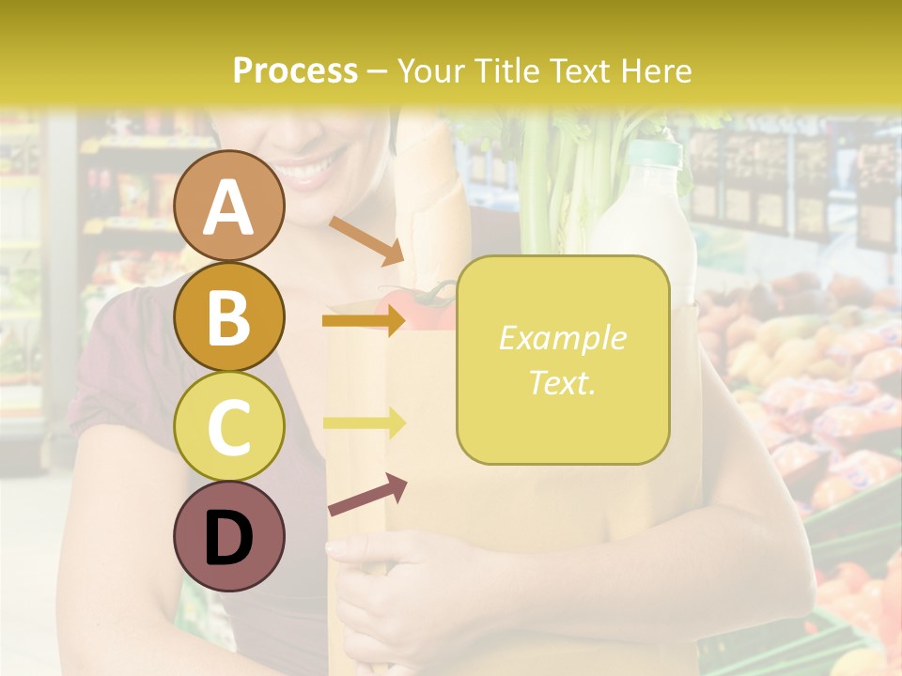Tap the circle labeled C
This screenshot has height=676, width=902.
(229, 426)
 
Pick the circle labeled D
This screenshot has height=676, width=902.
(229, 536)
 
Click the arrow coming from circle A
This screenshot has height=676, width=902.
(366, 240)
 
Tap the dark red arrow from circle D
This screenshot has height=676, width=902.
(366, 495)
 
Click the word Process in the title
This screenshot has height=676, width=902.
(295, 71)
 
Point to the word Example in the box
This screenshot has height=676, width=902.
(562, 338)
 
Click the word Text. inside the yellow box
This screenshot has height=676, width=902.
(562, 382)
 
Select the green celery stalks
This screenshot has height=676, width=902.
(564, 188)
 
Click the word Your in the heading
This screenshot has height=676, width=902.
(428, 71)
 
